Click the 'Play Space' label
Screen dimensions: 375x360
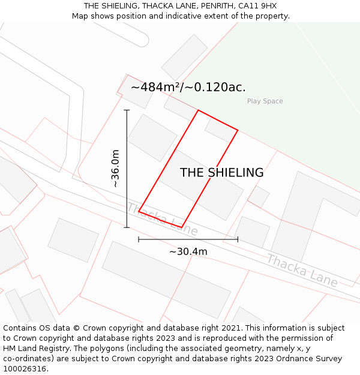click(x=265, y=101)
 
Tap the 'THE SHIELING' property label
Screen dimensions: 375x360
click(x=221, y=173)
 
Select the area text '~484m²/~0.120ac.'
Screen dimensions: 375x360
click(x=188, y=87)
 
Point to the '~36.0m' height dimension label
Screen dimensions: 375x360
click(x=115, y=169)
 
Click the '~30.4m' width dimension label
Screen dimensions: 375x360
click(x=188, y=251)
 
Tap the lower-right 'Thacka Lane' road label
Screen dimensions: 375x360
click(x=302, y=270)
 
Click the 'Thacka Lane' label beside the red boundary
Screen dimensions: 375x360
click(x=161, y=219)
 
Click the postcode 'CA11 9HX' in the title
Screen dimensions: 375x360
click(x=257, y=6)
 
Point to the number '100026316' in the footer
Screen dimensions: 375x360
click(x=25, y=369)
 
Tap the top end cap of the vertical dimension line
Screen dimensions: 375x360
click(x=127, y=110)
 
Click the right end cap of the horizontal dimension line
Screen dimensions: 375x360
click(x=238, y=239)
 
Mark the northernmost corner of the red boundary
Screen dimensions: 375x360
click(x=198, y=110)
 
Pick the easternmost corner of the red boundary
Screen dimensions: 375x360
click(x=238, y=130)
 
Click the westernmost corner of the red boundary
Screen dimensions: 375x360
click(x=139, y=211)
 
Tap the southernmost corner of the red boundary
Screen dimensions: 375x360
click(x=181, y=227)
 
